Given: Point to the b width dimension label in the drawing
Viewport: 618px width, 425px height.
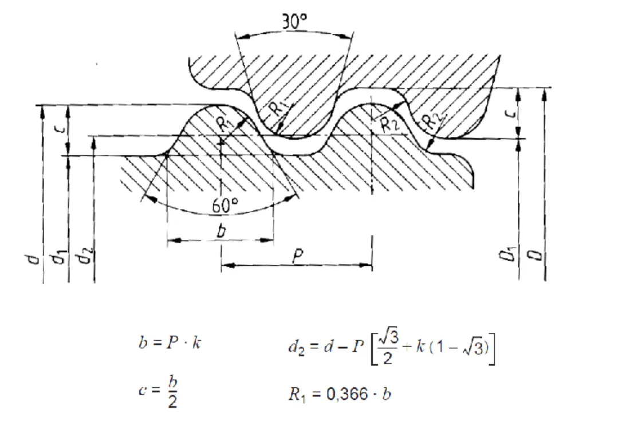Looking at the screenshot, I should [x=222, y=231].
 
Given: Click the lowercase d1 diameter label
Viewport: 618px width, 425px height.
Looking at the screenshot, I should [x=58, y=261].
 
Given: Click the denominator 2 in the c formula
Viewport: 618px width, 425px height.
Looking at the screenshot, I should [x=172, y=403].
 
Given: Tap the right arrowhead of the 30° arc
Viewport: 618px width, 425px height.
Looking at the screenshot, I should [x=347, y=37].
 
